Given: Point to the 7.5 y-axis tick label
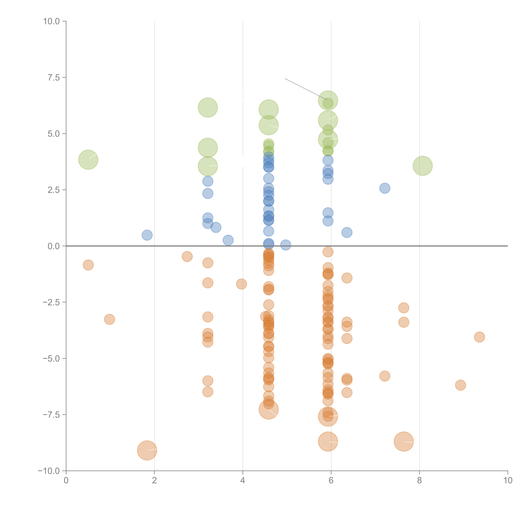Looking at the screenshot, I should click(x=54, y=77).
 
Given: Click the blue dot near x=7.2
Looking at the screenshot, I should click(x=385, y=188).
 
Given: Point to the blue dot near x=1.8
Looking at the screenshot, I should click(x=147, y=235).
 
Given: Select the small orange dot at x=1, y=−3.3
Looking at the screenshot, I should click(x=110, y=319).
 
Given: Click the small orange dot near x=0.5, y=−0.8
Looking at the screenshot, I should click(x=88, y=265).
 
